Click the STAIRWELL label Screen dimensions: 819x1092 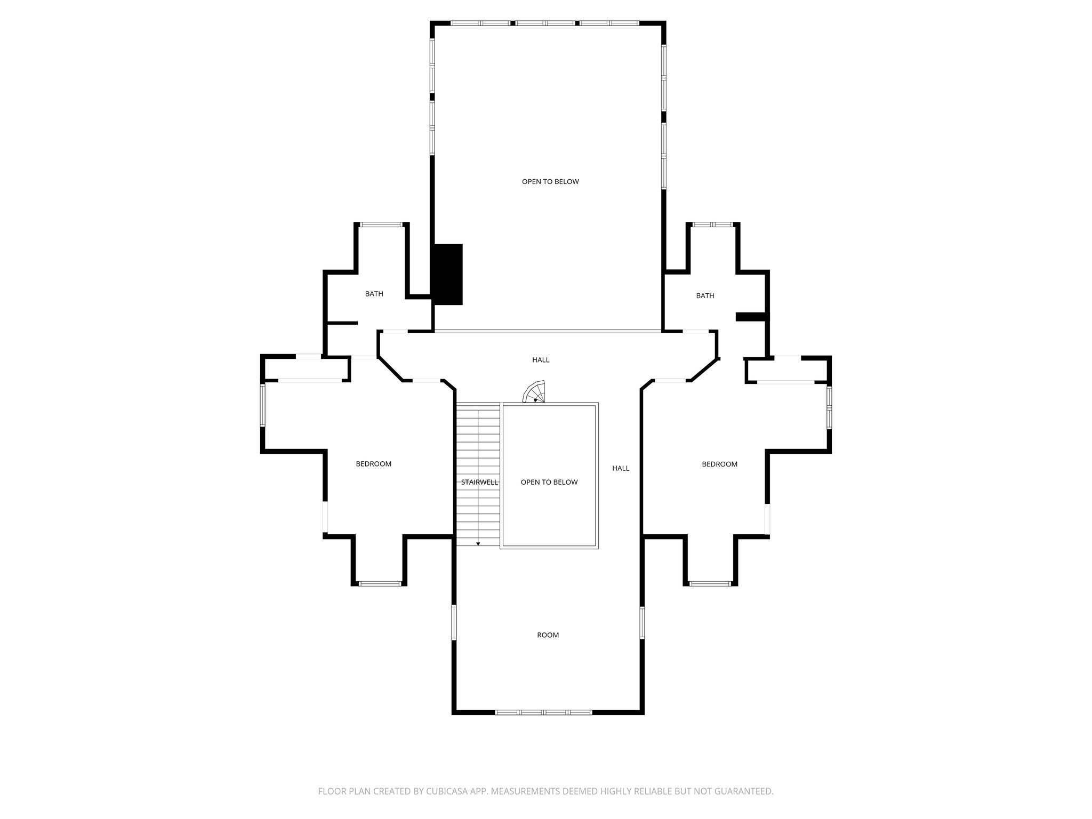click(x=479, y=483)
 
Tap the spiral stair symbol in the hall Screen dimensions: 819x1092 click(x=535, y=392)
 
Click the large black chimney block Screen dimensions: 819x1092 click(x=447, y=274)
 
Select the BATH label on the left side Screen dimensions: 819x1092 click(x=374, y=294)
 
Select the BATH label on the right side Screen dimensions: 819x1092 click(x=705, y=296)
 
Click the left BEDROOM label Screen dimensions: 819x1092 click(x=373, y=464)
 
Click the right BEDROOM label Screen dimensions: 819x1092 click(x=719, y=464)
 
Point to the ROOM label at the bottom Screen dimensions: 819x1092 click(x=548, y=635)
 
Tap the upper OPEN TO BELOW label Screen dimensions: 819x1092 click(x=550, y=182)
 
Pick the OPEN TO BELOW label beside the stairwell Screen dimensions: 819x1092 click(x=549, y=483)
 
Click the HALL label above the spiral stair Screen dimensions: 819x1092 click(x=541, y=360)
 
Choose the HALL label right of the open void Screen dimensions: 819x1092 click(x=621, y=469)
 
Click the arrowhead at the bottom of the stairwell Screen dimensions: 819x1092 click(x=478, y=544)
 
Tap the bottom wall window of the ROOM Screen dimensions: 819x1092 click(x=543, y=712)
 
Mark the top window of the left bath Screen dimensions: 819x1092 click(x=381, y=224)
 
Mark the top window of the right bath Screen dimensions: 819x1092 click(x=712, y=224)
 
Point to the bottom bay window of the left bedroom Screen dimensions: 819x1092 click(x=380, y=584)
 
